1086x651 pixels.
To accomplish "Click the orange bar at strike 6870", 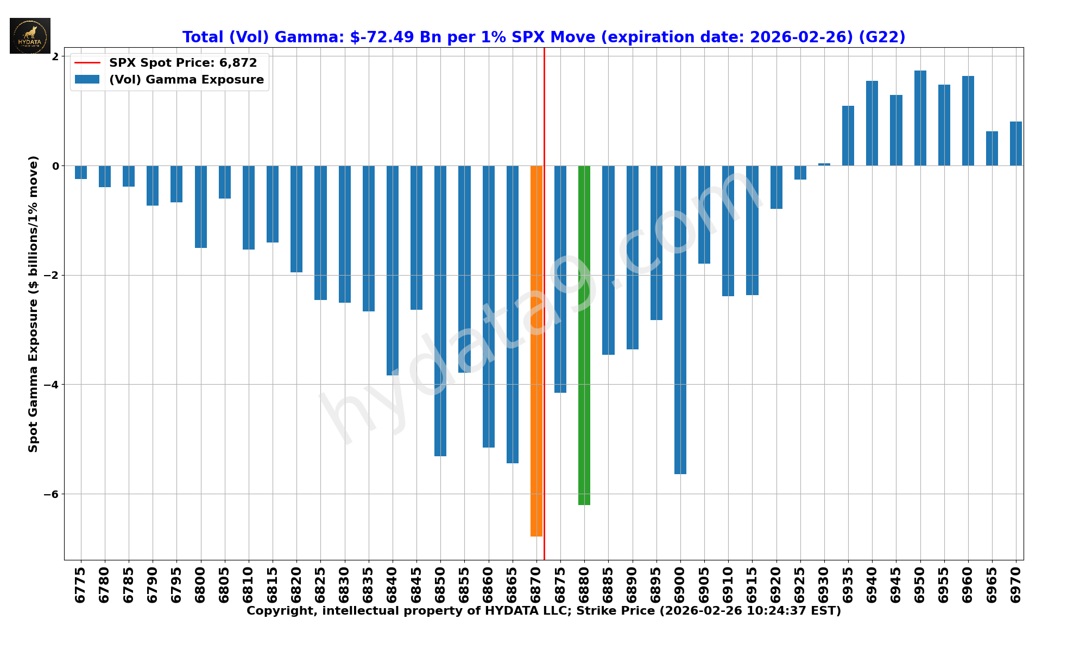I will click(x=536, y=350).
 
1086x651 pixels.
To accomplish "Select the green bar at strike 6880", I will click(x=584, y=335).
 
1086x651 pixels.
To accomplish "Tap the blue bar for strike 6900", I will click(x=680, y=320).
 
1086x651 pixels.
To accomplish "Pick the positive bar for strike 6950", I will click(x=920, y=118).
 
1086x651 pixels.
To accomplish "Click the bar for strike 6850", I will click(x=440, y=310).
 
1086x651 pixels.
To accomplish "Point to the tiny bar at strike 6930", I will click(x=824, y=164).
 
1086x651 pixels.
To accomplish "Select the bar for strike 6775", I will click(x=81, y=172).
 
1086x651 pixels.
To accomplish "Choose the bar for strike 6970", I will click(x=1015, y=144).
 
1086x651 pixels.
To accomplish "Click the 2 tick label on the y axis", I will click(x=55, y=56).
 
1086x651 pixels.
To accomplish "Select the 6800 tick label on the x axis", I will click(x=201, y=585).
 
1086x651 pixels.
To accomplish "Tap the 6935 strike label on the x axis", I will click(x=848, y=585).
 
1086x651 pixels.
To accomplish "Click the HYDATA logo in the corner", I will click(x=30, y=36).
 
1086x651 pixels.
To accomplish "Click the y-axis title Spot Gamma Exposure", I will click(x=34, y=304).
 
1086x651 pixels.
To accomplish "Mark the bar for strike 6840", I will click(x=393, y=270).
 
